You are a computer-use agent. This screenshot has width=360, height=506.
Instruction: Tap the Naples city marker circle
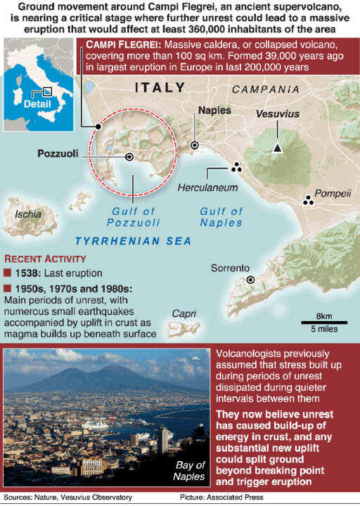click(x=195, y=145)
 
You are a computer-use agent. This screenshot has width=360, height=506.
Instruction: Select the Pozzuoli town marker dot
click(x=129, y=157)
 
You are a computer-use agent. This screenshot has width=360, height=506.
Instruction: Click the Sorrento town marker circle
click(x=250, y=280)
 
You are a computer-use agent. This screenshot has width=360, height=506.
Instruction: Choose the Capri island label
click(x=184, y=313)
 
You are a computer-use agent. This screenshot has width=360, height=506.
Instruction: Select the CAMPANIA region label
click(x=265, y=90)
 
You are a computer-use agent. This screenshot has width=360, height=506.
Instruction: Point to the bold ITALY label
click(x=160, y=88)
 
